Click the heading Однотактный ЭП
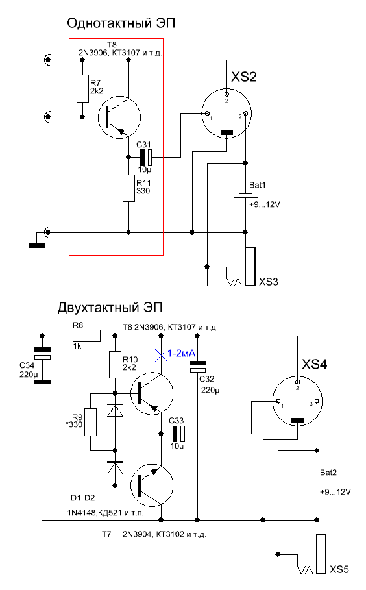point(121,23)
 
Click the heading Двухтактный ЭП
point(110,308)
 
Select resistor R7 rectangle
point(83,88)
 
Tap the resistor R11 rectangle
point(128,188)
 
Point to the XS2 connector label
point(244,77)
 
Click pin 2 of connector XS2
point(226,94)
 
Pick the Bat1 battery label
point(257,185)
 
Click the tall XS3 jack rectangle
point(250,266)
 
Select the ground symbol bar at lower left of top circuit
point(36,246)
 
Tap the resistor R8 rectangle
point(86,336)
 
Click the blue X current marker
point(161,355)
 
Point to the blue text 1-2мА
point(181,353)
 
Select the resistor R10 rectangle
point(115,365)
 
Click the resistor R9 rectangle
point(90,422)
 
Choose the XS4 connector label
point(315,364)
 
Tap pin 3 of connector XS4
point(317,402)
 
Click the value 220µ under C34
point(29,375)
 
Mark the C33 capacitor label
point(176,421)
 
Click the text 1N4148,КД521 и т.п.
point(106,513)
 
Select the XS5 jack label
point(339,569)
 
